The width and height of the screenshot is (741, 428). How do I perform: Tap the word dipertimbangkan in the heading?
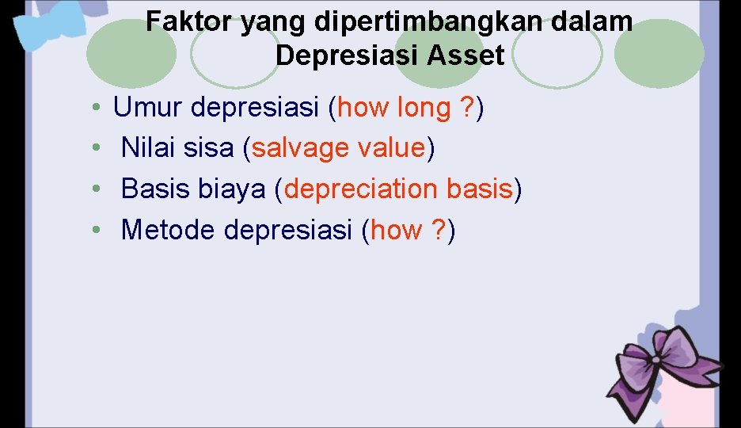(418, 22)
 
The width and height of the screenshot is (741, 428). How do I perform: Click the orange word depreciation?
(361, 189)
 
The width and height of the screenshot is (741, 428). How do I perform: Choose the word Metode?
(169, 231)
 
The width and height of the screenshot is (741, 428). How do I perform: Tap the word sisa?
(212, 148)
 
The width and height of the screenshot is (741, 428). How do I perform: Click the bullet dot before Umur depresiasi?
(94, 108)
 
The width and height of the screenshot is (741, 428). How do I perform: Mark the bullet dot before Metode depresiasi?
(94, 231)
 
